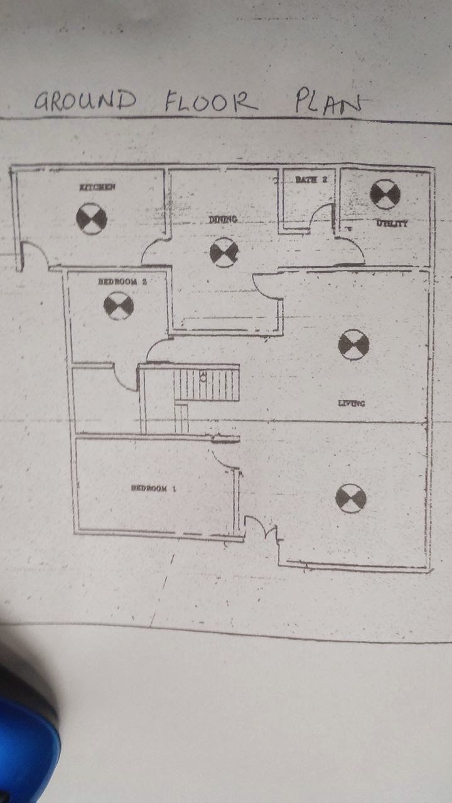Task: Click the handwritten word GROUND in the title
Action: [85, 100]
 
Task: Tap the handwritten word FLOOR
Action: [211, 101]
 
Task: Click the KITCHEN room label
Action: [97, 187]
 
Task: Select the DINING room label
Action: [223, 220]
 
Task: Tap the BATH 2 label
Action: [311, 179]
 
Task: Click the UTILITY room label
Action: [392, 223]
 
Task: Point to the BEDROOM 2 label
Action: [122, 282]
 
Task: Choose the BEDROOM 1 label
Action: [153, 488]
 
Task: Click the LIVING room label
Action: [352, 403]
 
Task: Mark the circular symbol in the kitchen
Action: [92, 219]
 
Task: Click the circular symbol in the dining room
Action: [224, 252]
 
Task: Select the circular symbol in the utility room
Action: [385, 194]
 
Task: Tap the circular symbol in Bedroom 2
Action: [119, 306]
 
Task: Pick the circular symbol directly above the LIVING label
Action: [353, 344]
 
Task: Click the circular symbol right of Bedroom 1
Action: [350, 498]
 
